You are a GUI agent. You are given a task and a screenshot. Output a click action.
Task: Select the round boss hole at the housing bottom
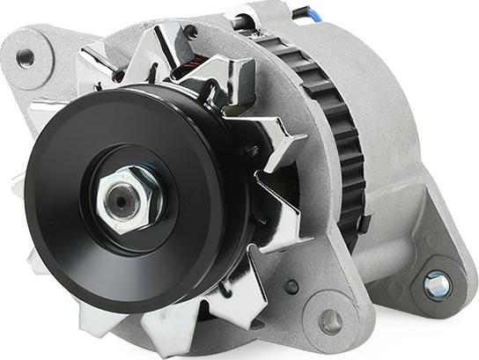coord(330,321)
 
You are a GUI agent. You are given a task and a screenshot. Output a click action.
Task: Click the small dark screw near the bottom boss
coord(291,286)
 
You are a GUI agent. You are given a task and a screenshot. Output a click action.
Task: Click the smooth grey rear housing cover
coord(387,97)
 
